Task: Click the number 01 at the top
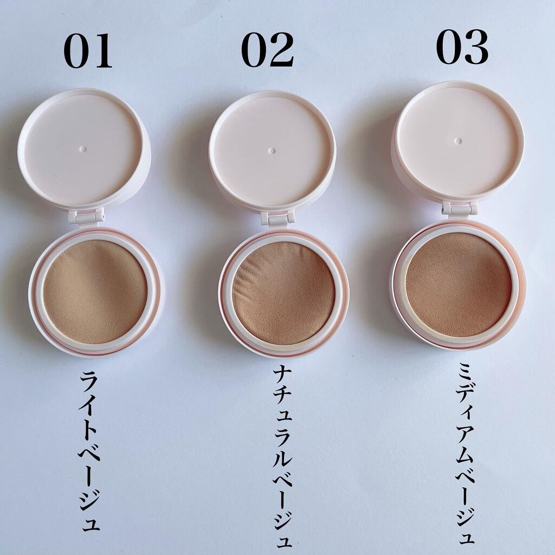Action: tap(88, 51)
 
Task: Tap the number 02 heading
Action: tap(268, 50)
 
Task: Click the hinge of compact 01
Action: tap(86, 216)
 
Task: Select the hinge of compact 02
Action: tap(278, 217)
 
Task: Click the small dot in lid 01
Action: tap(82, 148)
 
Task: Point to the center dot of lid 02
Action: tap(272, 151)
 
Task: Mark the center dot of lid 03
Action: tap(457, 141)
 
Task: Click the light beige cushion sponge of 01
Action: tap(95, 292)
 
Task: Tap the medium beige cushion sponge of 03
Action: tap(459, 285)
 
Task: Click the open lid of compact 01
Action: tap(84, 149)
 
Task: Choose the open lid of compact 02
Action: tap(272, 152)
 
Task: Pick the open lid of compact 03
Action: tap(457, 142)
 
